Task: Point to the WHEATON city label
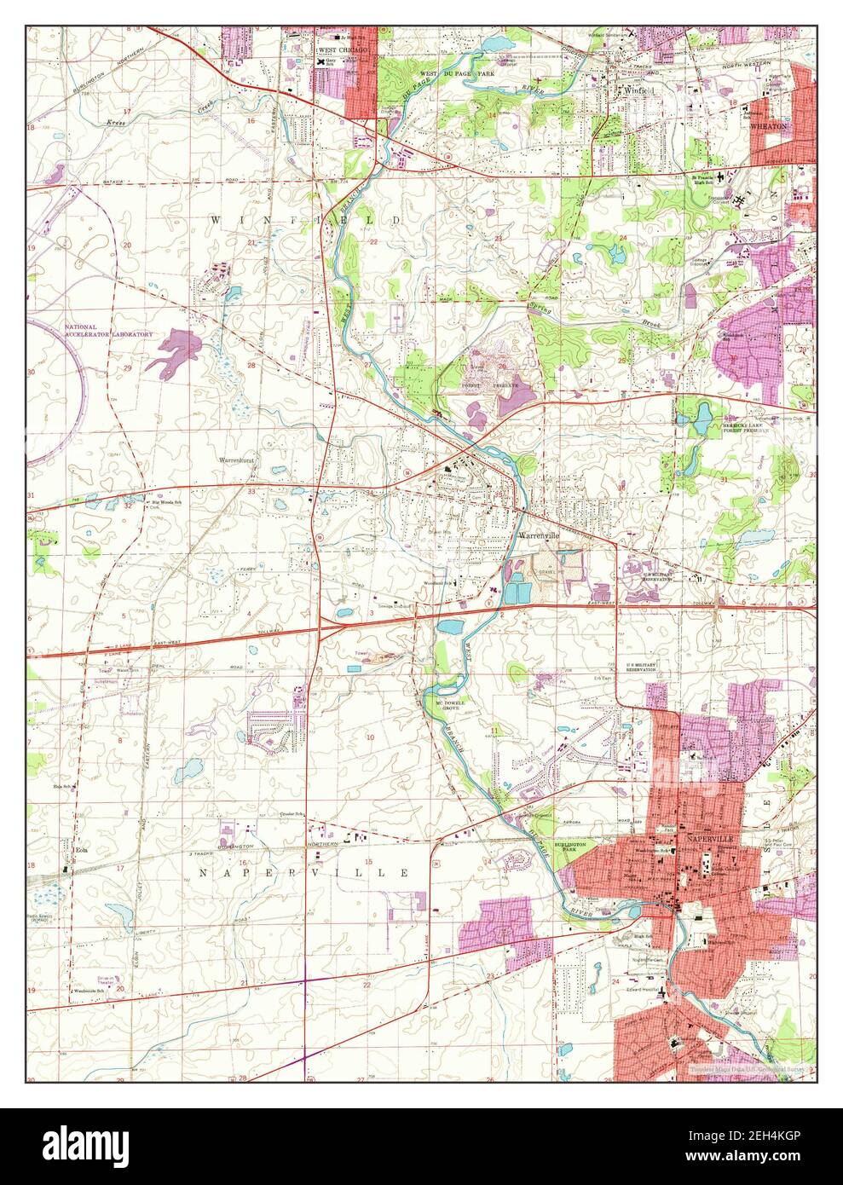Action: (x=769, y=125)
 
